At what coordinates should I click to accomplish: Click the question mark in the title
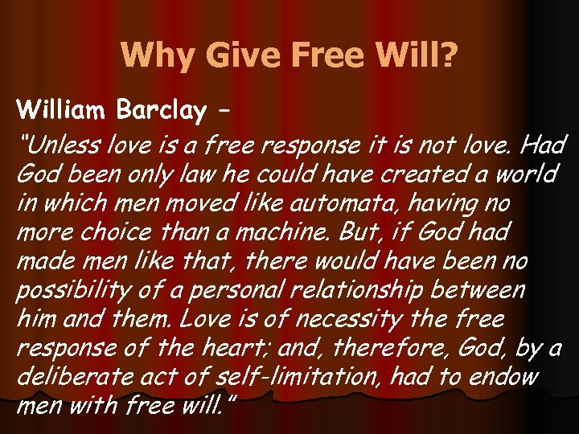pos(447,55)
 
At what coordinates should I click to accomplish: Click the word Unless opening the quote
pos(55,145)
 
